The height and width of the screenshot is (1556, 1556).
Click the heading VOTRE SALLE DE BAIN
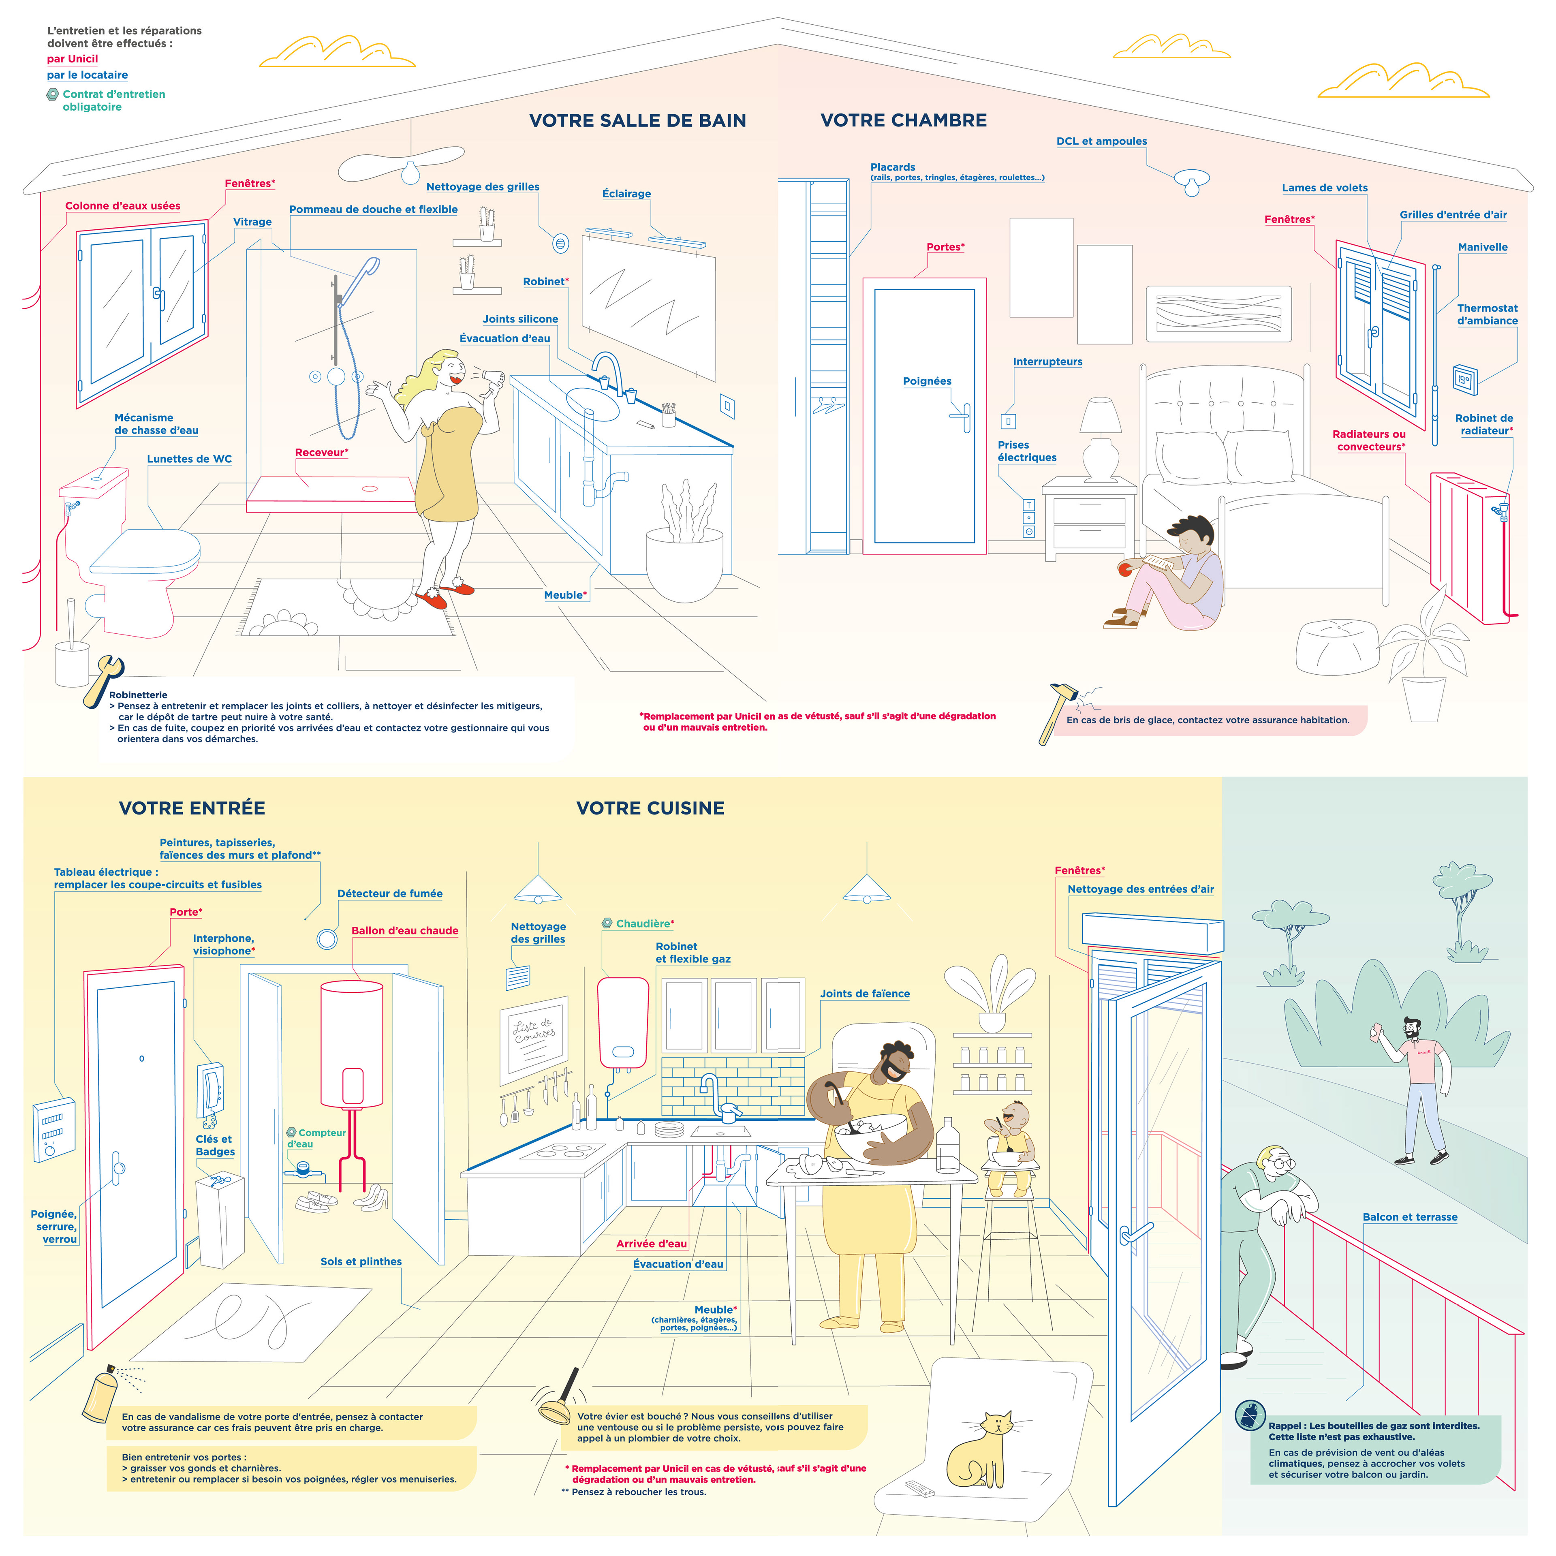pyautogui.click(x=637, y=121)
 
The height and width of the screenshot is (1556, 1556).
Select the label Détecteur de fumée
pyautogui.click(x=390, y=893)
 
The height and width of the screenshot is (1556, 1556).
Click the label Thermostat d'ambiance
pyautogui.click(x=1487, y=314)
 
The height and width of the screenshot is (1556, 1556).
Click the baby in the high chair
pyautogui.click(x=1010, y=1139)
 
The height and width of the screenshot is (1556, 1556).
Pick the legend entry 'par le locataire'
pyautogui.click(x=87, y=75)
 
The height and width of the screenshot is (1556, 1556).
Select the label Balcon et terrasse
pyautogui.click(x=1409, y=1217)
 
